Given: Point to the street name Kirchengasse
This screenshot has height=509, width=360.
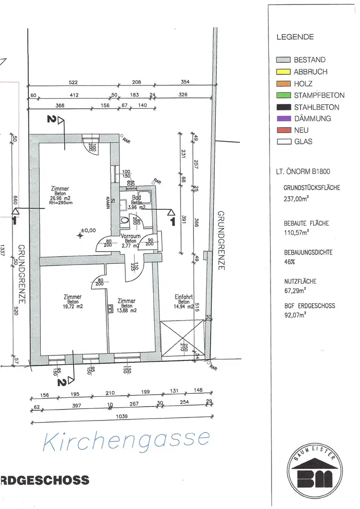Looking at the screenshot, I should (126, 440).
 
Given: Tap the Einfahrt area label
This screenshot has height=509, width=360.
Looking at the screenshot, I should (183, 297).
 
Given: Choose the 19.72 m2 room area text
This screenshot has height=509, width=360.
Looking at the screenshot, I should (73, 306).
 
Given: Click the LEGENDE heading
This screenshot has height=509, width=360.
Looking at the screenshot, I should (295, 37).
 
